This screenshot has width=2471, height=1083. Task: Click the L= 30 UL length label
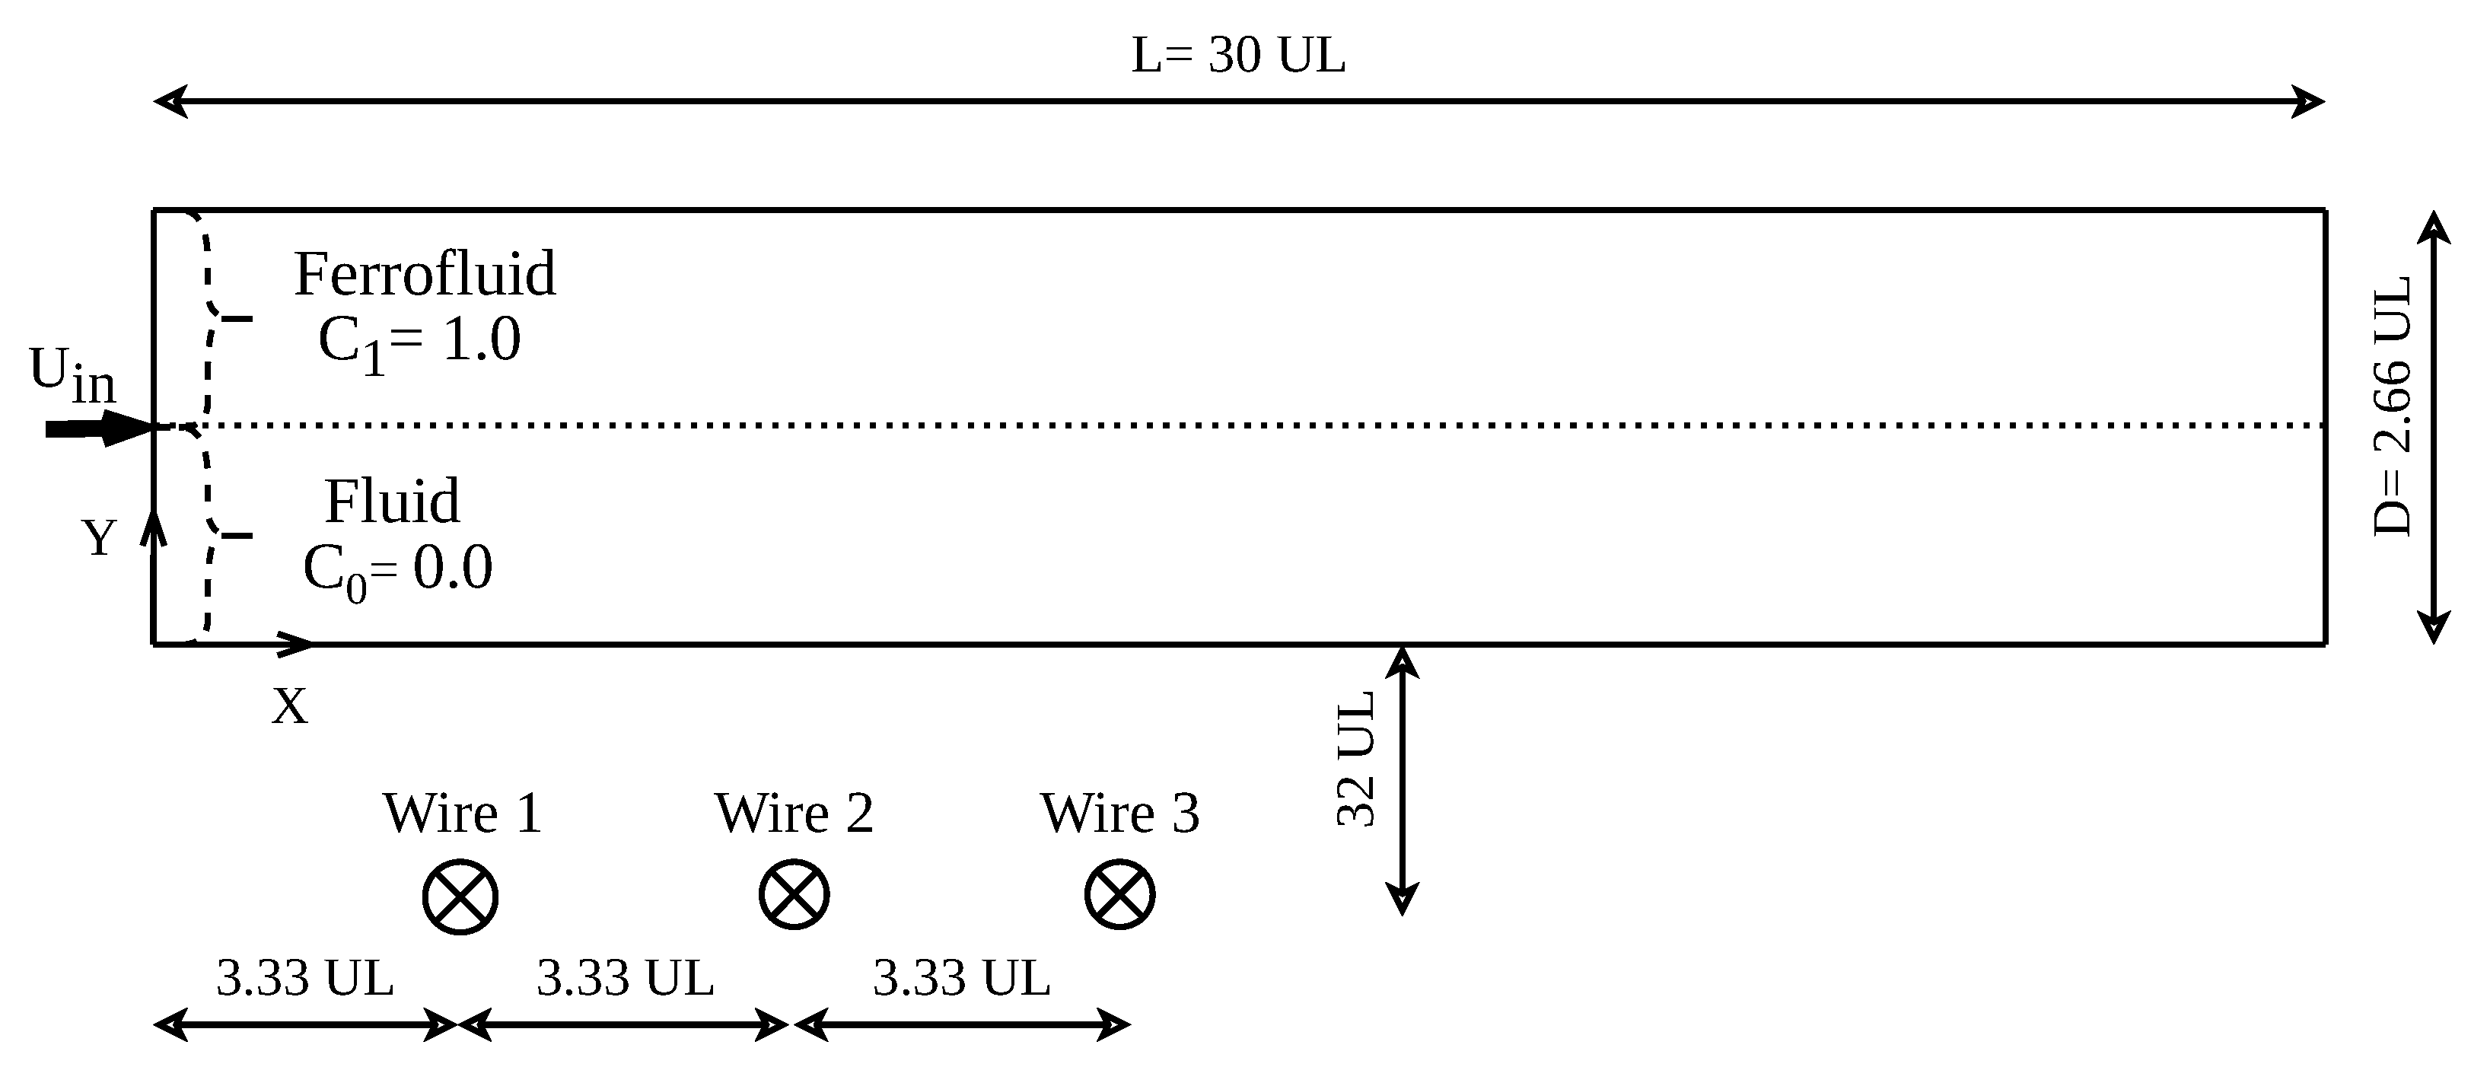(x=1237, y=55)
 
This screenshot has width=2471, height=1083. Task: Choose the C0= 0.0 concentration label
(x=397, y=568)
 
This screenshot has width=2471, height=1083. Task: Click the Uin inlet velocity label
(x=72, y=374)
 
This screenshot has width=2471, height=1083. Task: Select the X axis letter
(x=290, y=707)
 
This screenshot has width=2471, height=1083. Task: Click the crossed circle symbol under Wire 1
(x=460, y=897)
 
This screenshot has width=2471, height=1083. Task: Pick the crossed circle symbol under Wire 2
(x=794, y=895)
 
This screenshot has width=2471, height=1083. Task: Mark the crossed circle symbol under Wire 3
(x=1119, y=895)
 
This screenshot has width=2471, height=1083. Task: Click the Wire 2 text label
(x=794, y=814)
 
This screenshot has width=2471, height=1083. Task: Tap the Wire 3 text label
(x=1119, y=814)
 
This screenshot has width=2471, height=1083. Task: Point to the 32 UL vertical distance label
(x=1356, y=759)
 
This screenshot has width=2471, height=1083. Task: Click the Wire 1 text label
(x=463, y=814)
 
